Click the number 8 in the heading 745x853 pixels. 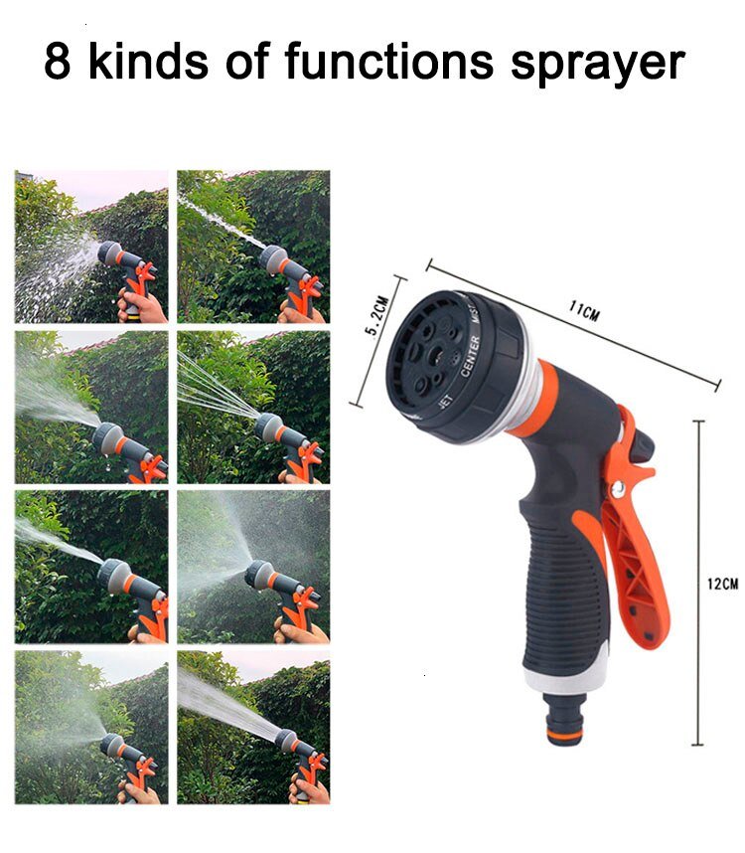point(58,63)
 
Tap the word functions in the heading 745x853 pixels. point(388,63)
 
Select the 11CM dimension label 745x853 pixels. point(584,312)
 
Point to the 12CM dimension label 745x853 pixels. point(722,585)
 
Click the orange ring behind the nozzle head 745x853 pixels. point(537,398)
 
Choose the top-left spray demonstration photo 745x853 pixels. point(91,246)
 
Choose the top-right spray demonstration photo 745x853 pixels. point(253,246)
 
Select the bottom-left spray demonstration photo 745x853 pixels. point(91,727)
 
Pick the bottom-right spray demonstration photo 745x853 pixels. point(253,727)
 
